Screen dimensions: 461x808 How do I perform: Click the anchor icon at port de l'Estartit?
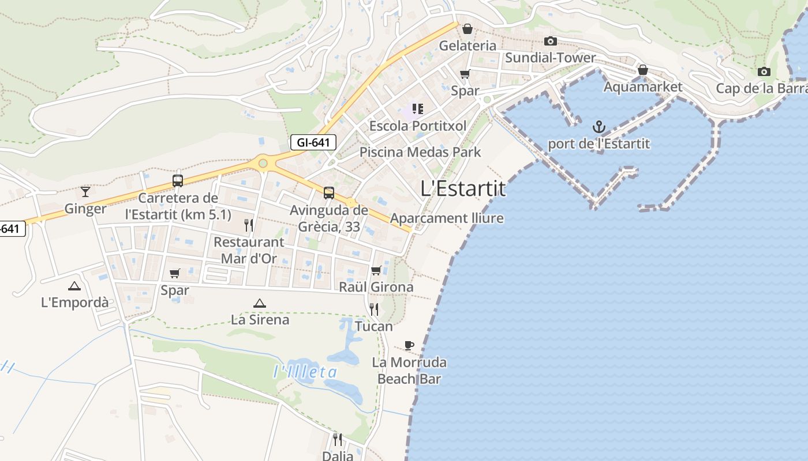(x=599, y=127)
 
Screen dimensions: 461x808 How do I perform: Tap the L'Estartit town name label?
(x=463, y=188)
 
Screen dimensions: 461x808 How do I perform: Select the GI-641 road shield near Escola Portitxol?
(x=313, y=142)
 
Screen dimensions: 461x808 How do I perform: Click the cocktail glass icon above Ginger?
(x=85, y=191)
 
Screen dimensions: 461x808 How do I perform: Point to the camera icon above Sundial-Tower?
(x=551, y=41)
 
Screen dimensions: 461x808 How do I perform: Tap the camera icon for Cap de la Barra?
(x=764, y=72)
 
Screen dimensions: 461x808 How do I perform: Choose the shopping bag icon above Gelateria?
(x=467, y=29)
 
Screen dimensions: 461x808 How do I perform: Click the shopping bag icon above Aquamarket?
(x=643, y=70)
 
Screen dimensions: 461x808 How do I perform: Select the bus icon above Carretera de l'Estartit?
(x=178, y=180)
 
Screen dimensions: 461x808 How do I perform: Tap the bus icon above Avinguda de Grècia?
(x=329, y=193)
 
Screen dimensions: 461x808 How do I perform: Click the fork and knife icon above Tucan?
(x=374, y=309)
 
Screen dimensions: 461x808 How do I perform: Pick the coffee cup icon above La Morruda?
(x=409, y=346)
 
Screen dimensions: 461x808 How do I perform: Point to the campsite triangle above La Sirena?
(x=260, y=303)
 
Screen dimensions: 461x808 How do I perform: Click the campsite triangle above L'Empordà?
(x=74, y=286)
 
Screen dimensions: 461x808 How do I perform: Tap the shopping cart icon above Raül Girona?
(x=376, y=270)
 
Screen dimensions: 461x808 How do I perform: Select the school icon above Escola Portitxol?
(x=418, y=109)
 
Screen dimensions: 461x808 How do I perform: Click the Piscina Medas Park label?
(x=420, y=152)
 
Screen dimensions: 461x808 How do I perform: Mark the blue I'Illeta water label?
(x=305, y=372)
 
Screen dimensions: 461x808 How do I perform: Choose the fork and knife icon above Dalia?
(x=338, y=440)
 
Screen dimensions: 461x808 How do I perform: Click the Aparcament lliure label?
(x=447, y=218)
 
